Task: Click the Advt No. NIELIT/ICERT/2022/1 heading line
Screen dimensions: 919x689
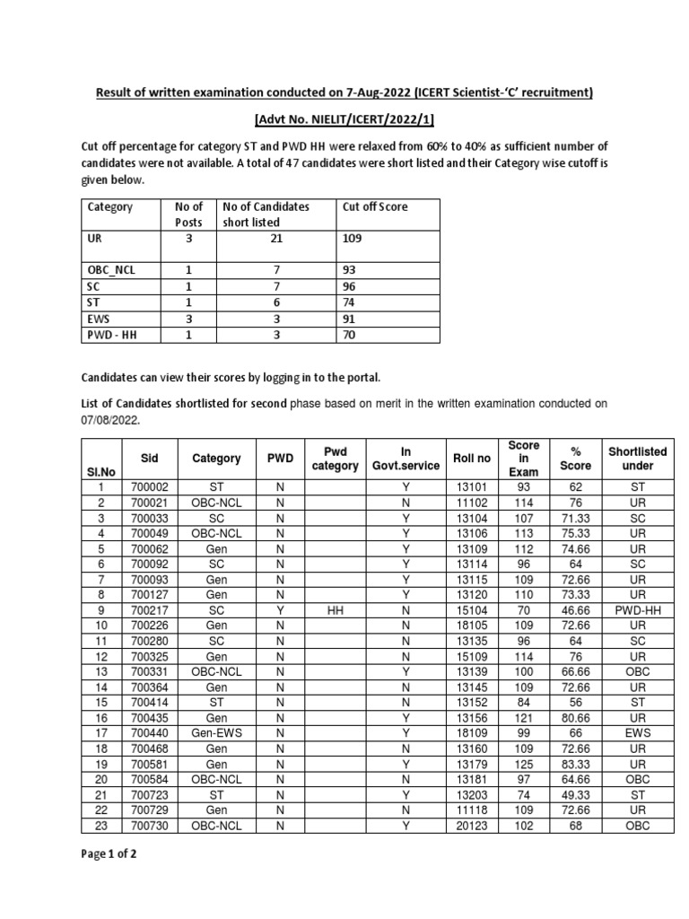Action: tap(344, 121)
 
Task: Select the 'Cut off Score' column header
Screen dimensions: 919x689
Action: tap(375, 206)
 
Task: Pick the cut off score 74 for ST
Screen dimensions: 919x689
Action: tap(351, 303)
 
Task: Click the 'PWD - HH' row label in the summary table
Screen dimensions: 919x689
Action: tap(114, 335)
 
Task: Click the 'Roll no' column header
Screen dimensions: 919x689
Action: tap(472, 458)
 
